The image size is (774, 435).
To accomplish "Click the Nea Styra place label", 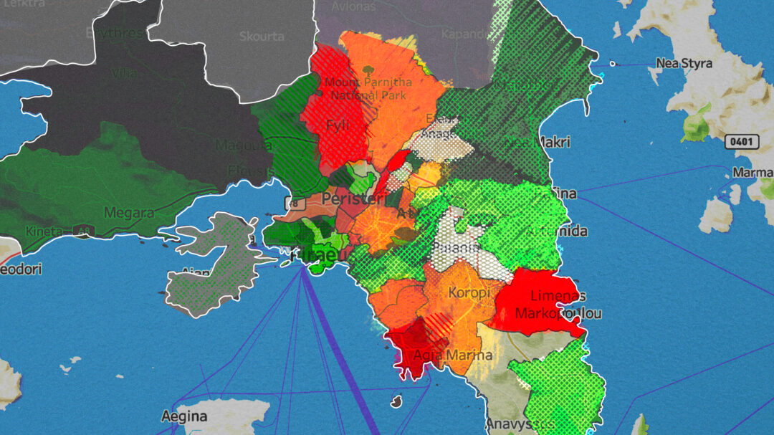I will pos(685,62).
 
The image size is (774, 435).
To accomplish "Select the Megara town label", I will pos(129,213).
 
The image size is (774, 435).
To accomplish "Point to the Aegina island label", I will pos(184,416).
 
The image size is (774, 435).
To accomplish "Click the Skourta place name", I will pos(262,37).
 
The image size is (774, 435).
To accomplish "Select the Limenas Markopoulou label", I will pos(558,305).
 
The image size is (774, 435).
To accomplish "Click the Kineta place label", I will pos(44,231).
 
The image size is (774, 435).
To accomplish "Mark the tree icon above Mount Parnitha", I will pos(368,71).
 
